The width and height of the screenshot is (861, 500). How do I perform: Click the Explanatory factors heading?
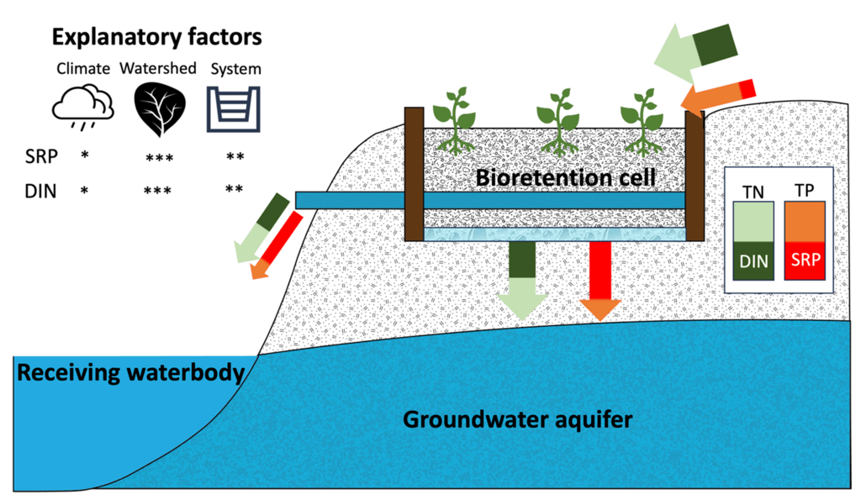pos(156,38)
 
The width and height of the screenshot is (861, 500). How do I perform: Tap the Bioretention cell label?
pos(565,177)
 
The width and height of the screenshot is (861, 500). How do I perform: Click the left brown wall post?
pos(414,173)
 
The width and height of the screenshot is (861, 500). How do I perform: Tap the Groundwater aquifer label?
pos(517,418)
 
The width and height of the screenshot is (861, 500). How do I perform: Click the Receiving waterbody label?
pos(131,372)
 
